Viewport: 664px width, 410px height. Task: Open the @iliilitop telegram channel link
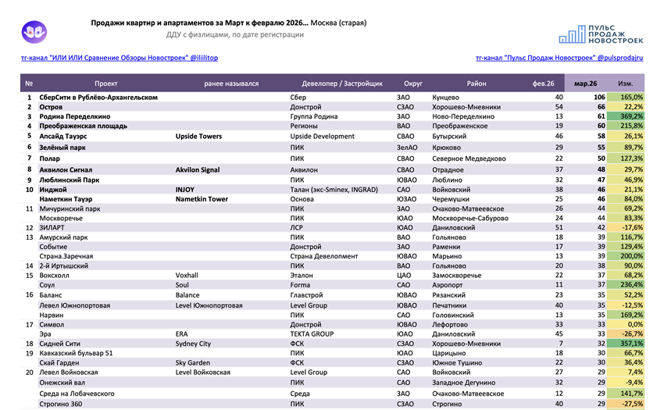click(119, 59)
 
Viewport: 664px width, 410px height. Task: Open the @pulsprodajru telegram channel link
click(559, 59)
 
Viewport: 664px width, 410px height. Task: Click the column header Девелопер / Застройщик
click(342, 83)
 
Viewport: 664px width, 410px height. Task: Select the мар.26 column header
click(585, 83)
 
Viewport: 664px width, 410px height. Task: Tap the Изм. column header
click(626, 83)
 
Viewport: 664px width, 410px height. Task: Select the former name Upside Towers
click(198, 136)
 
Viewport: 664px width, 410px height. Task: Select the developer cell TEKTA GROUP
click(312, 333)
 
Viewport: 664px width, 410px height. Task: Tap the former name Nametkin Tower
click(202, 199)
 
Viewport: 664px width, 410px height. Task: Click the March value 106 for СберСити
click(600, 97)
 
